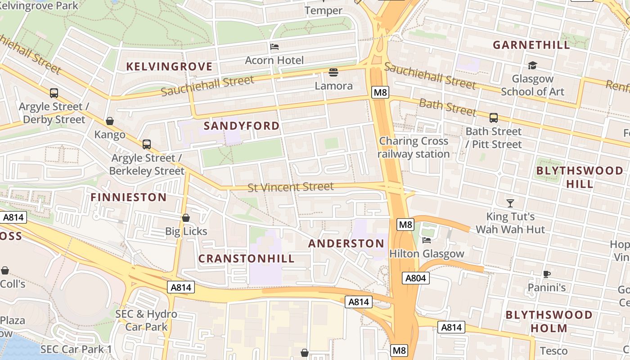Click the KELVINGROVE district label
coord(169,67)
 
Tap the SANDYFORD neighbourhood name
coord(242,126)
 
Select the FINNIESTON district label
coord(129,197)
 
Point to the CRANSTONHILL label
coord(247,259)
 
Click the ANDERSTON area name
coord(346,244)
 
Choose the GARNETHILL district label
coord(531,45)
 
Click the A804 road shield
coord(415,278)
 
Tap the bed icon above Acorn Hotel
coord(274,46)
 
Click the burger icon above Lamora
coord(333,72)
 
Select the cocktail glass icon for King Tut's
coord(510,203)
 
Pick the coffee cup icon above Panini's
coord(546,274)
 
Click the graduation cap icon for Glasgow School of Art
coord(532,66)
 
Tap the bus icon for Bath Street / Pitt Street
coord(494,118)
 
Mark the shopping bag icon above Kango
coord(110,121)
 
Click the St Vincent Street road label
coord(291,186)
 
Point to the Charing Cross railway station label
coord(413,148)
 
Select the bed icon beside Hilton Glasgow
coord(427,240)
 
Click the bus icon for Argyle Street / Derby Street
coord(54,93)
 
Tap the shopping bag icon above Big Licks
coord(186,218)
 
